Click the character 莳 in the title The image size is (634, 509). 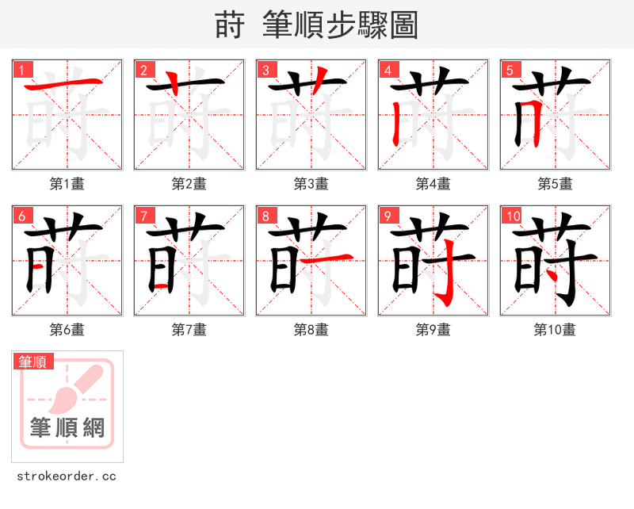coord(229,25)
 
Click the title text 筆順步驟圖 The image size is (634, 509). coord(334,25)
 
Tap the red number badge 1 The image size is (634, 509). coord(23,71)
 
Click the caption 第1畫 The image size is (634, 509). coord(67,184)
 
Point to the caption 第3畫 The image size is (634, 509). coord(311,184)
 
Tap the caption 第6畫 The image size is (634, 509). coord(67,330)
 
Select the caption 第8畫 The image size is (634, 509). coord(311,330)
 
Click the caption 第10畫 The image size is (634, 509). coord(555,330)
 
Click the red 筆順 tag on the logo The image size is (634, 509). coord(33,362)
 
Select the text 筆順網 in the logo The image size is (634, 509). coord(67,428)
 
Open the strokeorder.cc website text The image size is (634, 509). coord(67,476)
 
